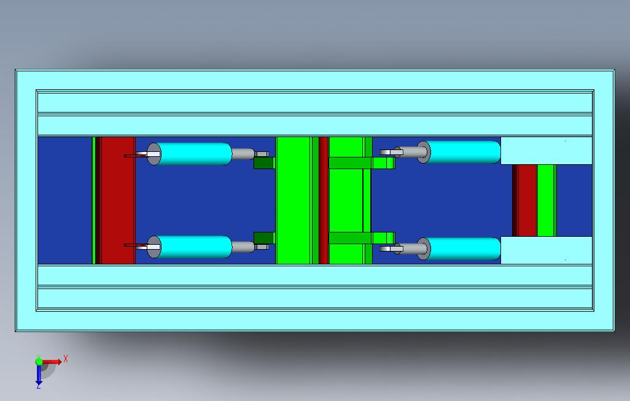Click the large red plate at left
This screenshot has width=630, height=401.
tap(117, 200)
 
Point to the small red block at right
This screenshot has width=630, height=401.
tap(527, 200)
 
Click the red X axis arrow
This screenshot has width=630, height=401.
tap(52, 362)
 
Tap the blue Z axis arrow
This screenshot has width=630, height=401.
tap(39, 374)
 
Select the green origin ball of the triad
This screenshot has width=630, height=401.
tap(39, 362)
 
